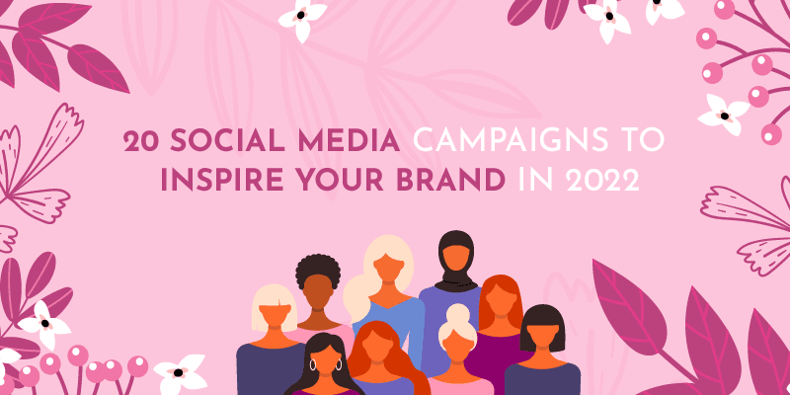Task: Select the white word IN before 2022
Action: (x=533, y=185)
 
